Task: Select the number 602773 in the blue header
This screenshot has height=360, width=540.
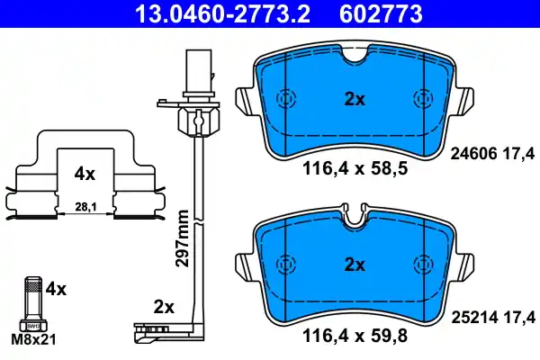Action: click(381, 13)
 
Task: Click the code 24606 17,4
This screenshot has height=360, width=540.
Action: click(491, 154)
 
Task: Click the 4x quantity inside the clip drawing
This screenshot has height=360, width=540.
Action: click(84, 171)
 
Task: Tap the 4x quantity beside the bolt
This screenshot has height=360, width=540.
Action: click(56, 290)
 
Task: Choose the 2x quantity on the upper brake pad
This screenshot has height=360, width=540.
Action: click(355, 100)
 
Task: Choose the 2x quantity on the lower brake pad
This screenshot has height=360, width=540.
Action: click(355, 265)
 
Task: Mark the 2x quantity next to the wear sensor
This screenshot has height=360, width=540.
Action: click(163, 307)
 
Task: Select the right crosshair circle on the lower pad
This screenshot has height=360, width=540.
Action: click(421, 265)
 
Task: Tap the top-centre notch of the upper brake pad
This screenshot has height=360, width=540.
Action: click(355, 56)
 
